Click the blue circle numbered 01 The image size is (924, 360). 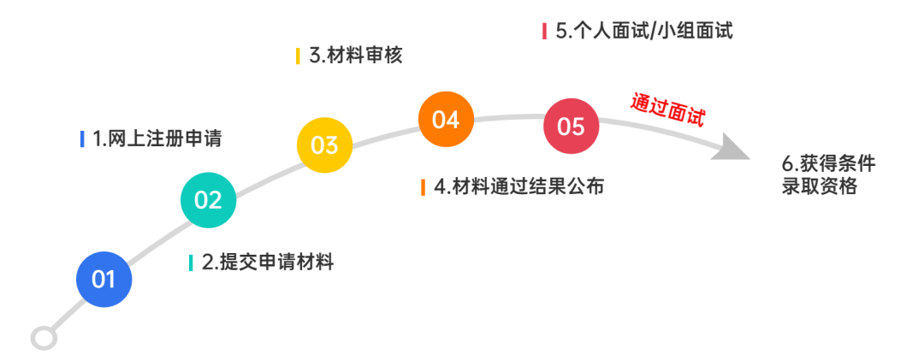point(104,280)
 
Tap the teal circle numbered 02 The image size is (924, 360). point(208,200)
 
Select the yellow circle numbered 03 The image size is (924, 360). point(324,145)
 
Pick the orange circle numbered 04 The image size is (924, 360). point(446,120)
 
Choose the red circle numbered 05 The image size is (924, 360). point(571,127)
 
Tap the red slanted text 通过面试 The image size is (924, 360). point(668,109)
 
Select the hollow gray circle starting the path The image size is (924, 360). point(44,338)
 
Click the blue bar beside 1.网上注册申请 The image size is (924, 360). point(82,139)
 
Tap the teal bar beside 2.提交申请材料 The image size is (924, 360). point(191,263)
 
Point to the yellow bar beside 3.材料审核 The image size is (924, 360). point(298,56)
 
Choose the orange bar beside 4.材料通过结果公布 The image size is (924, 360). point(423,186)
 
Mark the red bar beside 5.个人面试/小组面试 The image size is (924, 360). point(544,31)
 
